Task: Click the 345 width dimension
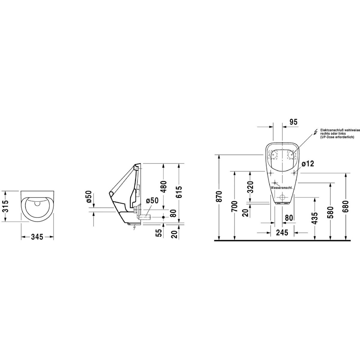[x=37, y=237]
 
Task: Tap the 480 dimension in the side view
[x=164, y=187]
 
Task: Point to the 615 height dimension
[x=179, y=192]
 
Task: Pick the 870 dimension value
[x=219, y=196]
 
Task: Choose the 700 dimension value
[x=234, y=206]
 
